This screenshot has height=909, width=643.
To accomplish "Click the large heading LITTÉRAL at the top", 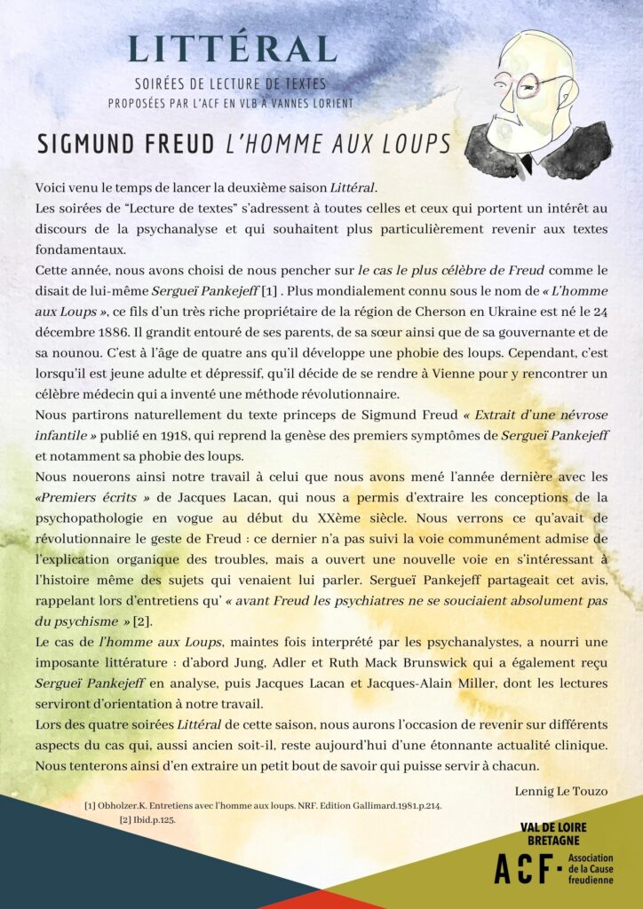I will click(233, 49).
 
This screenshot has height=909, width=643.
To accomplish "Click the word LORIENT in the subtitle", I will click(328, 103).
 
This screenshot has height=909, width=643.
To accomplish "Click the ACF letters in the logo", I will click(524, 869).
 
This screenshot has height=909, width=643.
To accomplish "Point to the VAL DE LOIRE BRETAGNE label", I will click(553, 833).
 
